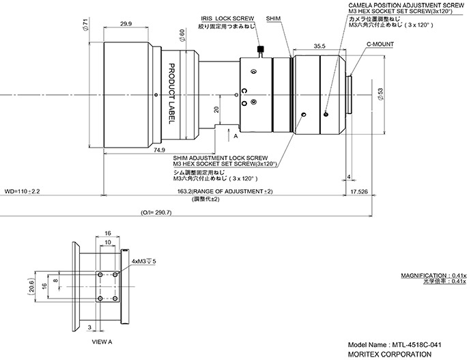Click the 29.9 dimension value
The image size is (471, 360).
pyautogui.click(x=126, y=24)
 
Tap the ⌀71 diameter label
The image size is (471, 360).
pyautogui.click(x=85, y=25)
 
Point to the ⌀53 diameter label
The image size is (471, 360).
pyautogui.click(x=380, y=94)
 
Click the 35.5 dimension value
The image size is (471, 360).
pyautogui.click(x=319, y=46)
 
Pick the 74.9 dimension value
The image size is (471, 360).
pyautogui.click(x=159, y=150)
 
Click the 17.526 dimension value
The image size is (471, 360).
pyautogui.click(x=359, y=191)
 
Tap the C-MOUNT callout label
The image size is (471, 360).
pyautogui.click(x=380, y=44)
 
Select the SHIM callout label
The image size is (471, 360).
pyautogui.click(x=273, y=18)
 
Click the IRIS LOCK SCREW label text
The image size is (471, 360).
pyautogui.click(x=227, y=18)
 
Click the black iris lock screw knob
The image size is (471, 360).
pyautogui.click(x=261, y=49)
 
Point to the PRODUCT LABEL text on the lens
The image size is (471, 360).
pyautogui.click(x=171, y=94)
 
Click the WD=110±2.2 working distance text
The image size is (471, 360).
pyautogui.click(x=22, y=191)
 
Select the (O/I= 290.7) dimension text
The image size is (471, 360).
pyautogui.click(x=156, y=212)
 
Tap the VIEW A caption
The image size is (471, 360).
pyautogui.click(x=102, y=342)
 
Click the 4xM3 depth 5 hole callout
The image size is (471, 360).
pyautogui.click(x=144, y=262)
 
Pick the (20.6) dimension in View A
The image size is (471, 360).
pyautogui.click(x=31, y=286)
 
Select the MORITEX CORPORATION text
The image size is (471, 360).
pyautogui.click(x=390, y=355)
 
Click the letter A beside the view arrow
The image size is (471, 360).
pyautogui.click(x=235, y=136)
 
